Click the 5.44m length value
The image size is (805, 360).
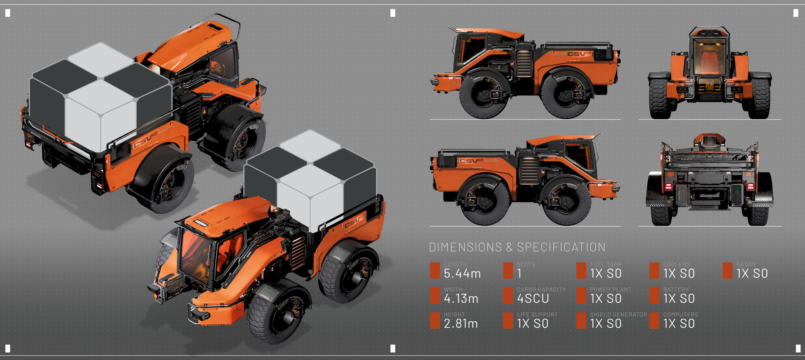click(462, 274)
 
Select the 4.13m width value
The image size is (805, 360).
click(461, 299)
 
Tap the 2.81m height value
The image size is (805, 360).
click(461, 324)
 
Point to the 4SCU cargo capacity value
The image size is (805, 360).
click(533, 299)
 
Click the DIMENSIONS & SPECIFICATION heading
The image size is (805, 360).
click(517, 247)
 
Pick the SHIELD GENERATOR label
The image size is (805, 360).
click(618, 314)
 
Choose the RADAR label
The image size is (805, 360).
click(746, 265)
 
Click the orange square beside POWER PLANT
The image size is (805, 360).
click(581, 296)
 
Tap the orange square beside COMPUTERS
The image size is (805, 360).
click(654, 321)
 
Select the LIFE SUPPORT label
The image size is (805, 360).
click(537, 314)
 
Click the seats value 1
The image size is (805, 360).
click(519, 274)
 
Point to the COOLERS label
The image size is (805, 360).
click(676, 265)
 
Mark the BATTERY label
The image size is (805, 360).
click(676, 290)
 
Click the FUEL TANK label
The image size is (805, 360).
click(606, 265)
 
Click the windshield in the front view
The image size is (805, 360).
click(709, 57)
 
